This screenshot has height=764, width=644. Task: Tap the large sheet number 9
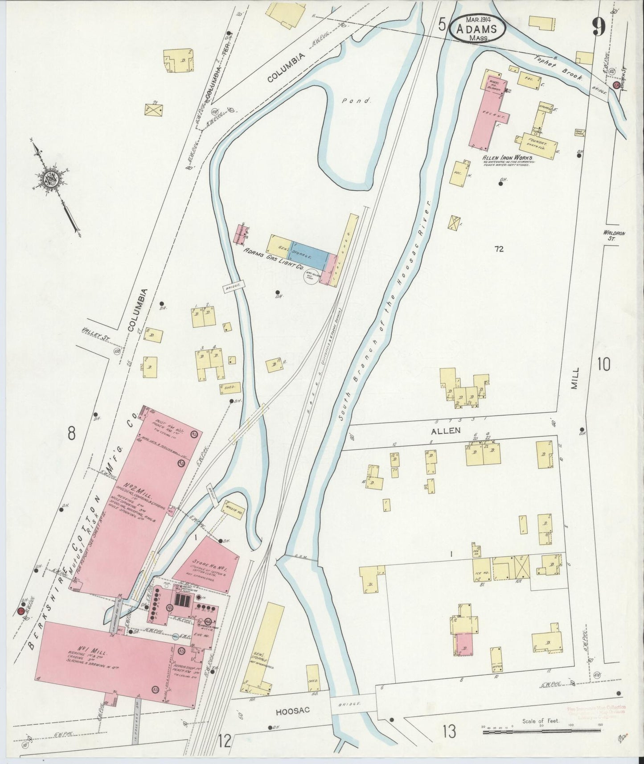pos(599,28)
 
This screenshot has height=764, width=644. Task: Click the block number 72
pos(498,249)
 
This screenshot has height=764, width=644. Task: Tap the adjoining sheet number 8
pos(71,432)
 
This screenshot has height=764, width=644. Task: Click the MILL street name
pos(575,378)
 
